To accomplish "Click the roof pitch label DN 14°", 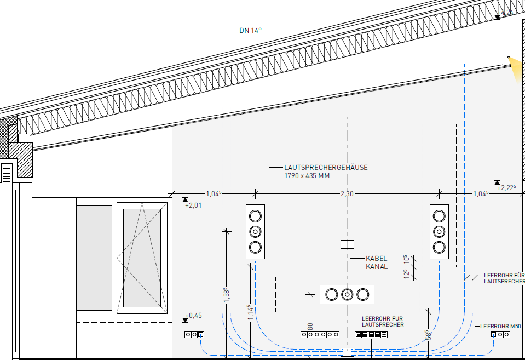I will [250, 31].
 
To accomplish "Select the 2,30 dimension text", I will [347, 193].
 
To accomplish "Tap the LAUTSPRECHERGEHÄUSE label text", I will [326, 167].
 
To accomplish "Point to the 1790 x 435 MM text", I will [307, 176].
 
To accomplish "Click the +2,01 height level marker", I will [193, 205].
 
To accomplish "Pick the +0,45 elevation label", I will [193, 316].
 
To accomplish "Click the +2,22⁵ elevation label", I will [506, 187].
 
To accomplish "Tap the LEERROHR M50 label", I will [500, 326].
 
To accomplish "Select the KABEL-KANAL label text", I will [378, 262].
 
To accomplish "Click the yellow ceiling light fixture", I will [516, 68].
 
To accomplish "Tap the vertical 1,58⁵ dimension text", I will [227, 294].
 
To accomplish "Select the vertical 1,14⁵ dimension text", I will [250, 312].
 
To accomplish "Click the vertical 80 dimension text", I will [310, 327].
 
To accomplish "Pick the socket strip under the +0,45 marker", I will [194, 334].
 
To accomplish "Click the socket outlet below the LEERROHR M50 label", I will [498, 334].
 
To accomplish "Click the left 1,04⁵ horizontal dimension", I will [214, 193].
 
